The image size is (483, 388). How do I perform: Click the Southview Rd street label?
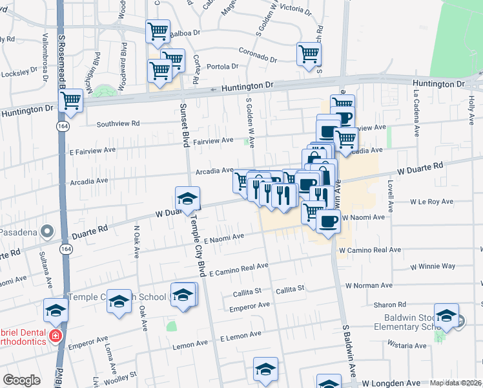pos(118,124)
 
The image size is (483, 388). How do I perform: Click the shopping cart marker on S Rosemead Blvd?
pos(70,101)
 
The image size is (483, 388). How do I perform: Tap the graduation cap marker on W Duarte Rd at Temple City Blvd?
pos(187,199)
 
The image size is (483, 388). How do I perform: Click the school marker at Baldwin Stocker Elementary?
pos(446,315)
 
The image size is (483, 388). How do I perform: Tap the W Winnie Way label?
pos(432,266)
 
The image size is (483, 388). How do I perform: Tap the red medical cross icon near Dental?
pos(56,336)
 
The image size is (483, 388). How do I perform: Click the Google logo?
pos(21,380)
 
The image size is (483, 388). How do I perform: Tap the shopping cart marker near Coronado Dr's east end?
pos(309,54)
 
